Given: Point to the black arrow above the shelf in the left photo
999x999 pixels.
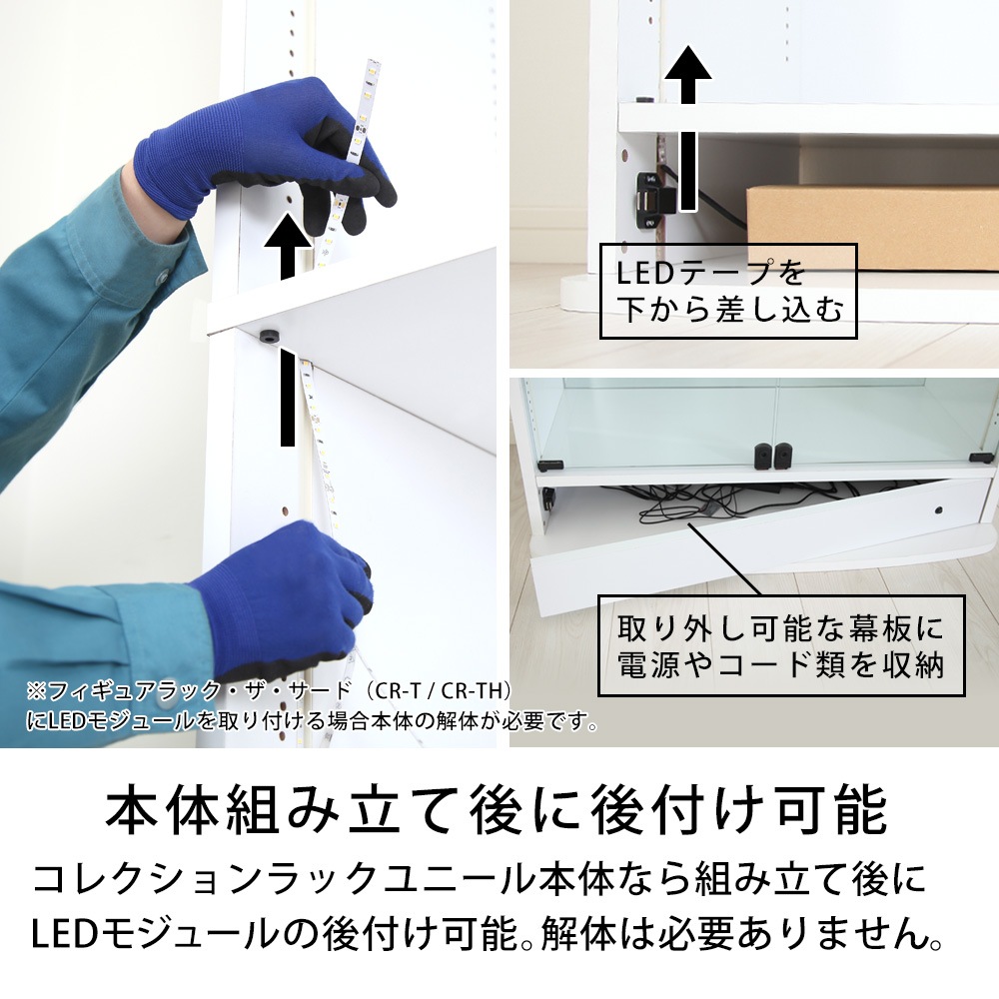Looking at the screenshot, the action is coord(288,246).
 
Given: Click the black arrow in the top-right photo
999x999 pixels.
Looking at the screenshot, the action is coord(687,128).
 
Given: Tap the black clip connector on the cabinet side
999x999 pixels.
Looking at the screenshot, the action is coord(654,201).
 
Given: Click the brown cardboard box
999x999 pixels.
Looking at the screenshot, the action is coord(873,226).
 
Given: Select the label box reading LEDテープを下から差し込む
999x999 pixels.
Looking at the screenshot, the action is coord(728,291).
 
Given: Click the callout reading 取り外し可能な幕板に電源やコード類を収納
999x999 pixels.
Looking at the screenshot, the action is coord(781,645).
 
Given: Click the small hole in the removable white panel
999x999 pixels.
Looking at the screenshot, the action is coord(938,510).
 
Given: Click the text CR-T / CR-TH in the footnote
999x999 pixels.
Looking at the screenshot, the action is coord(444,690).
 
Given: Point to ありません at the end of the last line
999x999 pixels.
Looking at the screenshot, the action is coord(845,935).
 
